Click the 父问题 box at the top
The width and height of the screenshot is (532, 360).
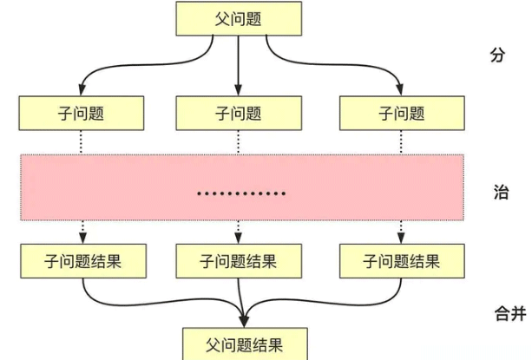(x=239, y=18)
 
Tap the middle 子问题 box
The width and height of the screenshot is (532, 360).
(x=239, y=113)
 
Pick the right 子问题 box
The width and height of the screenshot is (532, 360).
(x=402, y=113)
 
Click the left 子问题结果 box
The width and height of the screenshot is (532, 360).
(x=82, y=260)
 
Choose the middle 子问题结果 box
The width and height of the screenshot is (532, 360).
(x=239, y=260)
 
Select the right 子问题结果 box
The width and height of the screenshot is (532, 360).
(x=402, y=260)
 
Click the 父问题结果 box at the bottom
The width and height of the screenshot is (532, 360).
(x=243, y=342)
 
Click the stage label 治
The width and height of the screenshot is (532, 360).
(x=500, y=192)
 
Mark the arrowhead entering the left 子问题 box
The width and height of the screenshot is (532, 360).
(x=82, y=90)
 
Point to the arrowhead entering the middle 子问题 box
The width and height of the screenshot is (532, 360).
(x=239, y=90)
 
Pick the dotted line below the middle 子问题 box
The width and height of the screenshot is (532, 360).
(x=239, y=142)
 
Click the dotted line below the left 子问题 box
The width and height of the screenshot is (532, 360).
(x=82, y=142)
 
